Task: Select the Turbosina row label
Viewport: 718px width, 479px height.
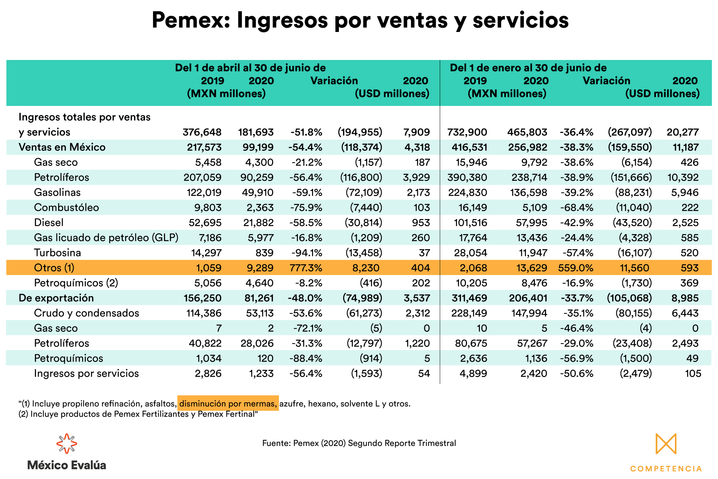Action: [57, 253]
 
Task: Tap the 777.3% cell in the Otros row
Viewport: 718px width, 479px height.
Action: [306, 268]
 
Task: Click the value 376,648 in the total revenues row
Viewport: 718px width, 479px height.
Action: [202, 132]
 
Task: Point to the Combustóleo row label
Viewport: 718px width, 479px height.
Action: [66, 208]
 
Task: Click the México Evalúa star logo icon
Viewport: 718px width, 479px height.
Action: [67, 444]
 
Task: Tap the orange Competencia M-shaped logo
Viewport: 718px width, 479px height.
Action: [666, 444]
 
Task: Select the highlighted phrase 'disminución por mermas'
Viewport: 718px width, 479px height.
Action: [228, 404]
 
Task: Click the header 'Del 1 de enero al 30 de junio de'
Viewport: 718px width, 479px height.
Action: [528, 68]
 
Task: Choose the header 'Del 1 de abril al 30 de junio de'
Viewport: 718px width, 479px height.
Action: [250, 68]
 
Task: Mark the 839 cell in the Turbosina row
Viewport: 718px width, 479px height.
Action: [265, 253]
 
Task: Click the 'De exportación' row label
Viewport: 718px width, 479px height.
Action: [56, 298]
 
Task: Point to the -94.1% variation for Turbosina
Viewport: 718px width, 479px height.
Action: [306, 253]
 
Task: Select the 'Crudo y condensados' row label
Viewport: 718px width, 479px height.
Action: [87, 313]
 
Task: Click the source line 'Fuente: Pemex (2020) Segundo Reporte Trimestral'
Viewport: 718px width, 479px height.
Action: [359, 443]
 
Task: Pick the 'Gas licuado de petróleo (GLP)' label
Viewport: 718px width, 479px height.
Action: [106, 238]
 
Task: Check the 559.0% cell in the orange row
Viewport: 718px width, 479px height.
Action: [576, 268]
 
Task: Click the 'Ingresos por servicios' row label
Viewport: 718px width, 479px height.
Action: [86, 373]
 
